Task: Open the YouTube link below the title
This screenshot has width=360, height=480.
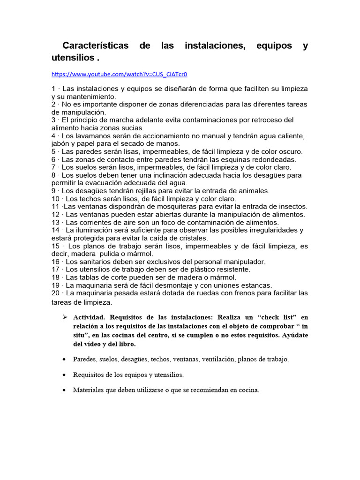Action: [x=119, y=74]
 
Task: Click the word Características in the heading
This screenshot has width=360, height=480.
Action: [x=95, y=46]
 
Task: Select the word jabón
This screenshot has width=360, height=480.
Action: [x=62, y=143]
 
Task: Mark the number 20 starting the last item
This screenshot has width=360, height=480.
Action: [x=56, y=293]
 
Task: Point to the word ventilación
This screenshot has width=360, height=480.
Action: [x=217, y=360]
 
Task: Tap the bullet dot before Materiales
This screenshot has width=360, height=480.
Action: [x=64, y=390]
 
